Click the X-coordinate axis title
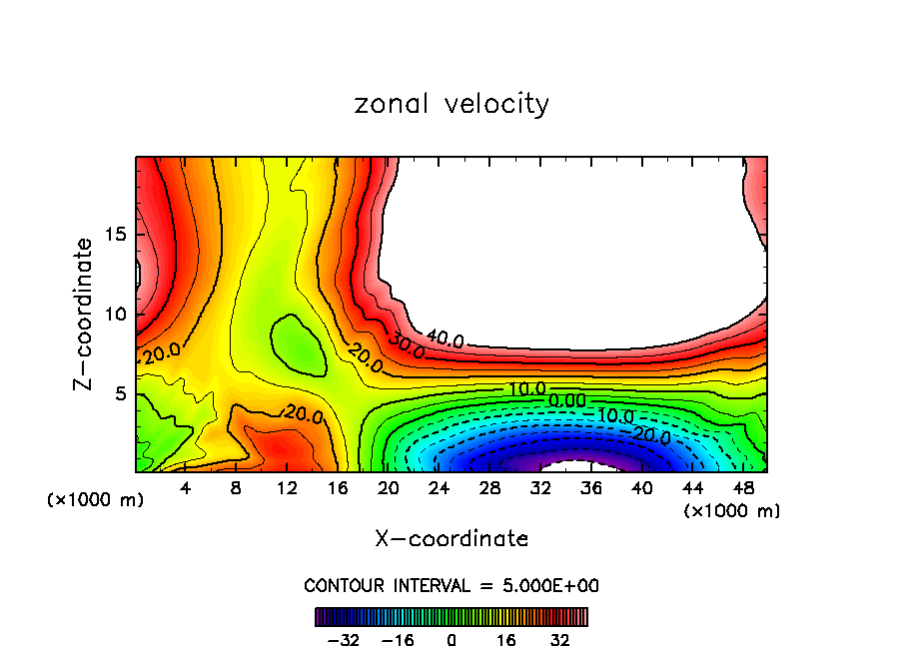point(451,539)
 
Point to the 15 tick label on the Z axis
point(115,234)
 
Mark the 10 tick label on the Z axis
point(115,314)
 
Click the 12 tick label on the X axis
point(287,488)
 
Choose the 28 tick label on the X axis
point(489,488)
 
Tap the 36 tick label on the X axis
point(591,488)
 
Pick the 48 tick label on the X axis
point(743,488)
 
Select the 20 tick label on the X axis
point(389,488)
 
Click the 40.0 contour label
point(445,339)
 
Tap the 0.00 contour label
point(567,400)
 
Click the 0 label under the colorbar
point(451,639)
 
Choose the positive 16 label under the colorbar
point(505,639)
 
